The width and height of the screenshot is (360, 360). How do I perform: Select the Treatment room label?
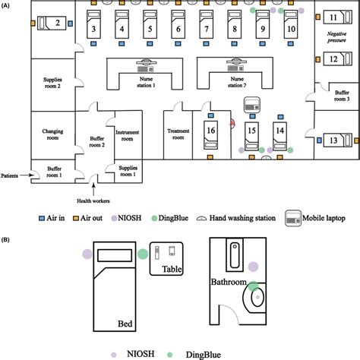[x=178, y=134]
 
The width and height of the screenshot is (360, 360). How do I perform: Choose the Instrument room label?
[x=127, y=136]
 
